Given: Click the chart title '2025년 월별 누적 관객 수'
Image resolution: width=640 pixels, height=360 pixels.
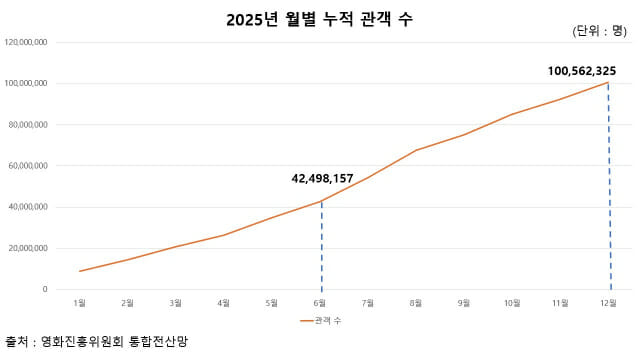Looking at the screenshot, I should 320,19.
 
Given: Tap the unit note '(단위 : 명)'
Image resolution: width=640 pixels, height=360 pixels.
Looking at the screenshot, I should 598,31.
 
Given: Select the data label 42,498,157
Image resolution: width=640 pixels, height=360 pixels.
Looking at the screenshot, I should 322,179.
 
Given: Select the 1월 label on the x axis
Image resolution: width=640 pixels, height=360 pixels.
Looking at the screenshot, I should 80,301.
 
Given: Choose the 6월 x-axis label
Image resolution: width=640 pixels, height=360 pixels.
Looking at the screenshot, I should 321,301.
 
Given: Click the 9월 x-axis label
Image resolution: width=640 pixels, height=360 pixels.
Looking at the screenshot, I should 465,301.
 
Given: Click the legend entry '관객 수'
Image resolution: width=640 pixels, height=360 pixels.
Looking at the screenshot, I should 324,320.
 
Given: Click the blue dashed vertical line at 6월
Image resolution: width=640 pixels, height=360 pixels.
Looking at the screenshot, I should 321,250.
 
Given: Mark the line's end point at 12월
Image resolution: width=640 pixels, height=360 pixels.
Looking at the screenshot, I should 609,82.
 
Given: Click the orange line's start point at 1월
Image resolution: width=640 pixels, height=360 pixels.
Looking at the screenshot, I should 80,271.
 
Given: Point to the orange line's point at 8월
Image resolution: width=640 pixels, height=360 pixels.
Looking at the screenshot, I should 417,150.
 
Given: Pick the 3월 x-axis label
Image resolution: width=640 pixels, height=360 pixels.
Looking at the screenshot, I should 176,301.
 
